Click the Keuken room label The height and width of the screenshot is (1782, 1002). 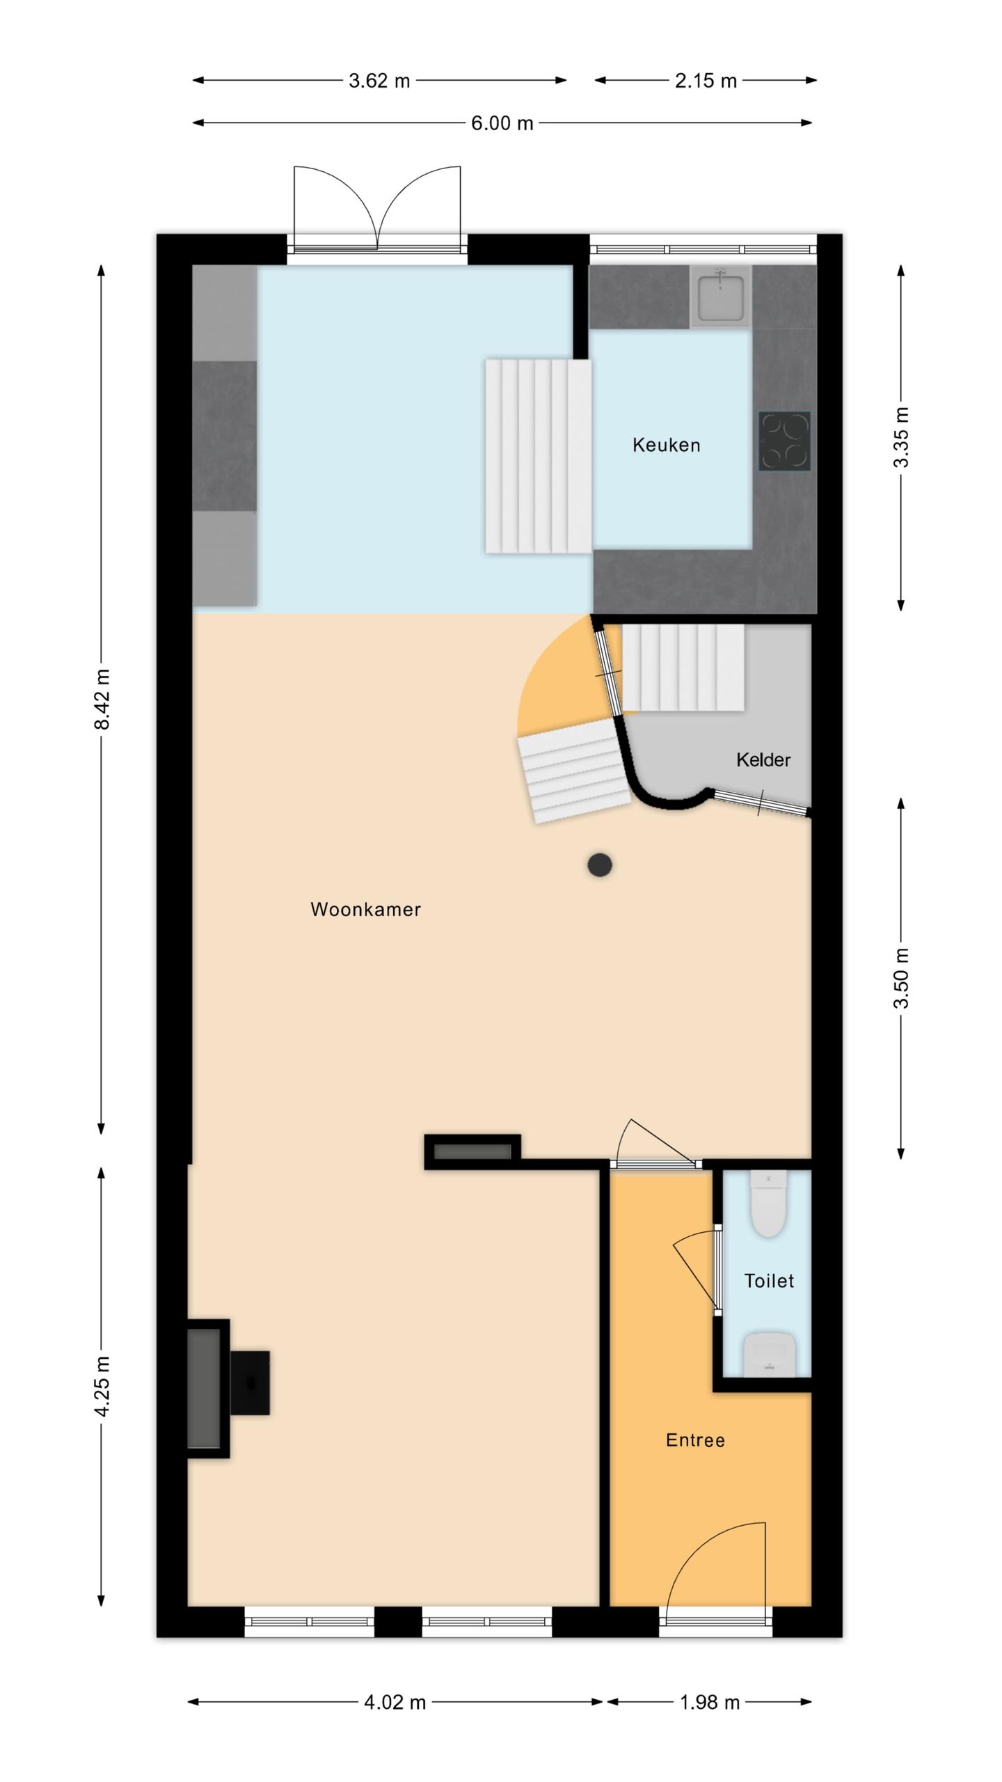pyautogui.click(x=666, y=445)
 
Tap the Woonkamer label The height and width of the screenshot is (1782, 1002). pyautogui.click(x=365, y=909)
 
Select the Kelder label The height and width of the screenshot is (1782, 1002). pyautogui.click(x=763, y=759)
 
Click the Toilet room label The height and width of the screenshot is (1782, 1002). pyautogui.click(x=769, y=1281)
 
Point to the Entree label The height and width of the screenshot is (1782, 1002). pyautogui.click(x=695, y=1440)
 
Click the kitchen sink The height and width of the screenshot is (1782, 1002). pyautogui.click(x=720, y=296)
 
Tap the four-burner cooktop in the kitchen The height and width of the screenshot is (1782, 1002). pyautogui.click(x=784, y=441)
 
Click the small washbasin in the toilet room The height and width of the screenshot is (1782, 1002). pyautogui.click(x=769, y=1355)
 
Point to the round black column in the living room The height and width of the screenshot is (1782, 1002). pyautogui.click(x=600, y=865)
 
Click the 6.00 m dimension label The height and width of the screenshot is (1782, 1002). pyautogui.click(x=502, y=123)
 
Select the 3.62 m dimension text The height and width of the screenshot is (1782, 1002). pyautogui.click(x=379, y=81)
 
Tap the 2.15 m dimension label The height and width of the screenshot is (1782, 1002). pyautogui.click(x=706, y=81)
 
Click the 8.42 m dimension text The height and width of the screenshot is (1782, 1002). pyautogui.click(x=102, y=699)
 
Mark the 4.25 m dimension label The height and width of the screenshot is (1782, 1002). pyautogui.click(x=102, y=1385)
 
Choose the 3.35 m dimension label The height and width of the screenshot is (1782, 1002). pyautogui.click(x=901, y=437)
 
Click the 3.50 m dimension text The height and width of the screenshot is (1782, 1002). pyautogui.click(x=901, y=978)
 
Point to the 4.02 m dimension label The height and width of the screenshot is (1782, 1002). pyautogui.click(x=395, y=1703)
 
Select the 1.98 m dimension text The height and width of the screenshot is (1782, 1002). pyautogui.click(x=709, y=1703)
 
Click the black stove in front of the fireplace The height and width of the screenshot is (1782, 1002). pyautogui.click(x=250, y=1382)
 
